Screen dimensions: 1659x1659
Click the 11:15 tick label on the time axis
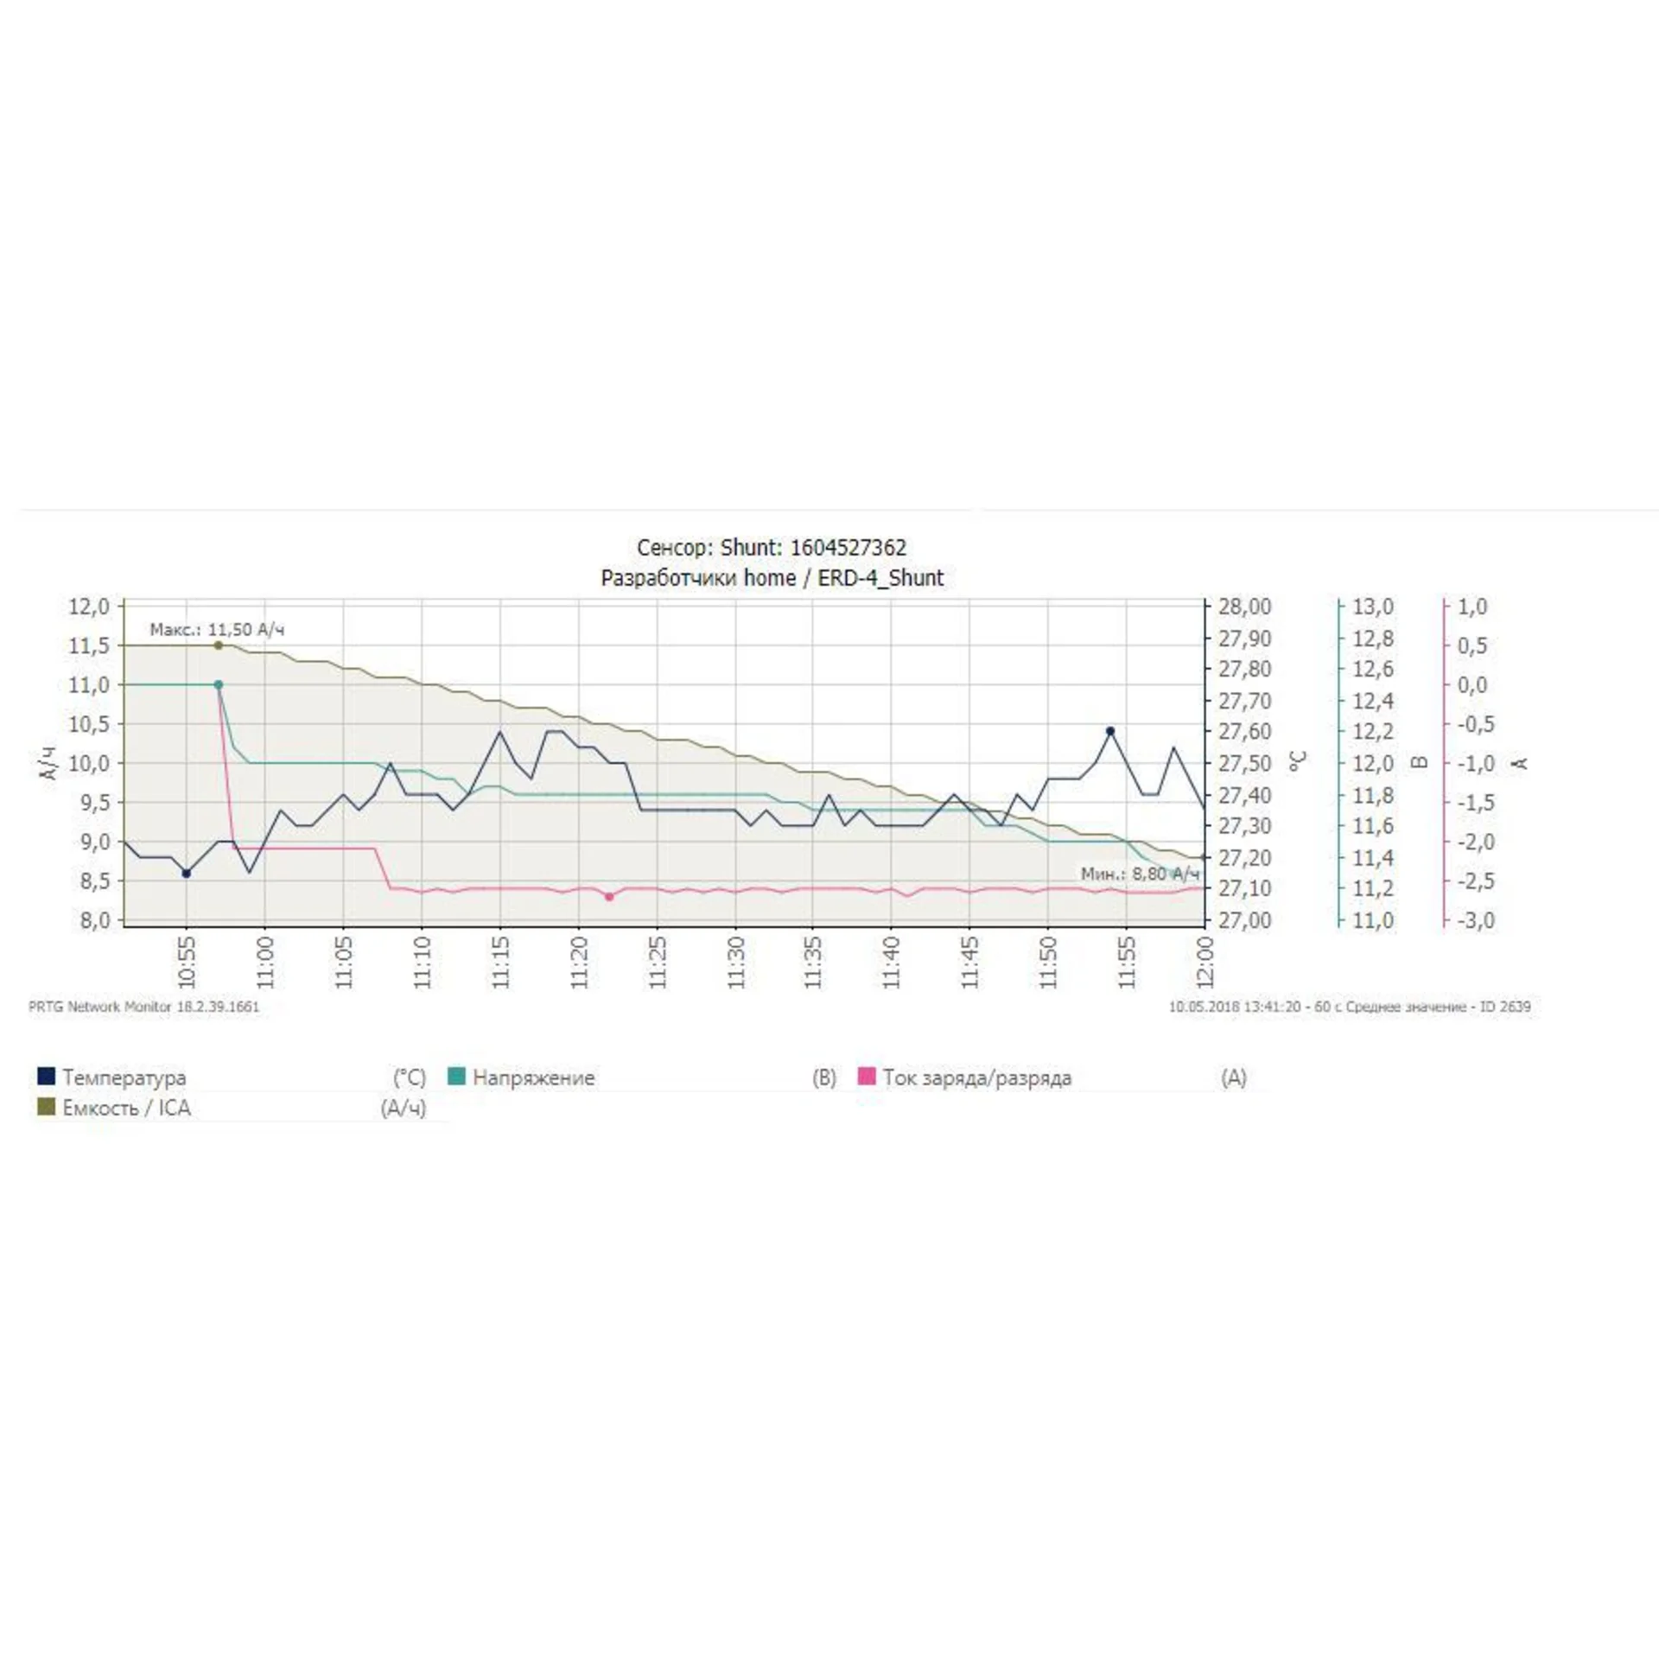click(x=500, y=962)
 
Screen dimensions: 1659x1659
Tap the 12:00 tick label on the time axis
click(x=1205, y=962)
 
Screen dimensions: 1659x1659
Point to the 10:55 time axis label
click(x=187, y=962)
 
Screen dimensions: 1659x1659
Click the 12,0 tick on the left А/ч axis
click(x=89, y=607)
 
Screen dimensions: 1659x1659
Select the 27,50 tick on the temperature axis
click(x=1245, y=764)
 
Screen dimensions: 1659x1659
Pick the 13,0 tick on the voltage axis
click(x=1373, y=607)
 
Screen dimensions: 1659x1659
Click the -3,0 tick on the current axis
click(x=1476, y=920)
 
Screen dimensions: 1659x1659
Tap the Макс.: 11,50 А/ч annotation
click(x=217, y=629)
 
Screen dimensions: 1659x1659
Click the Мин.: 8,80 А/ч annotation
click(x=1140, y=874)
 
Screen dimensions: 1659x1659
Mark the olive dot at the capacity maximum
click(x=219, y=645)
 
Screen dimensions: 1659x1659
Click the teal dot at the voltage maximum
click(x=219, y=684)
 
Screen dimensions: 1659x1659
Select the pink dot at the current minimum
click(x=609, y=897)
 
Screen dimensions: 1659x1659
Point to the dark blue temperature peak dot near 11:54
click(x=1110, y=731)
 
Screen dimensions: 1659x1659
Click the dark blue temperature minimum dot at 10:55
click(x=187, y=874)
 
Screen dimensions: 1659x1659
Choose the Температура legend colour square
click(x=47, y=1076)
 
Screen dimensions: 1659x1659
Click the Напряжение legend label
click(x=533, y=1077)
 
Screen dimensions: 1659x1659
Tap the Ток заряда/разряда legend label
click(x=976, y=1077)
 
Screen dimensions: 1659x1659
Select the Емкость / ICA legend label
click(x=126, y=1108)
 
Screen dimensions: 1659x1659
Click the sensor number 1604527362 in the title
click(x=848, y=548)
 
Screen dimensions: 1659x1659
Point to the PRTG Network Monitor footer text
click(x=143, y=1007)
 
